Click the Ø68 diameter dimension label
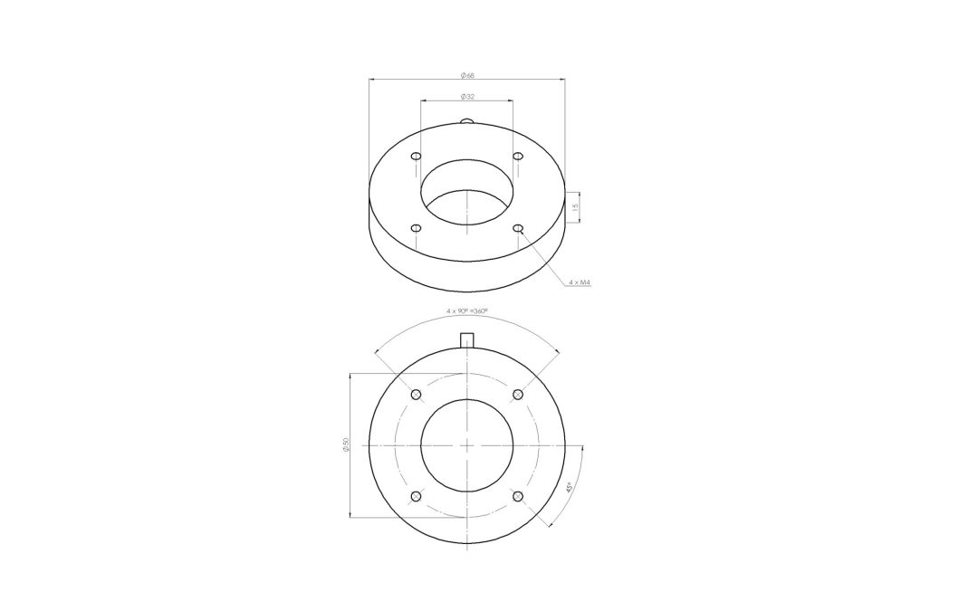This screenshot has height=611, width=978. coord(467,75)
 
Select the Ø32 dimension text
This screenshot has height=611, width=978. coord(467,97)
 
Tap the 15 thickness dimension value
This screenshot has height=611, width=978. coord(575,206)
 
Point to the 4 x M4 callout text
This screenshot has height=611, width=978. coord(580,282)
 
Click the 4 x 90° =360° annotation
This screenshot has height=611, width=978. coord(466,310)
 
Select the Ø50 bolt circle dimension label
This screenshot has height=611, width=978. coord(346,444)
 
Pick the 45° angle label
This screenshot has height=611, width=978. coord(567,488)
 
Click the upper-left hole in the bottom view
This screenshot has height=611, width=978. coord(417,395)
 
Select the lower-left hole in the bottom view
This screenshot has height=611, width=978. coord(417,496)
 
